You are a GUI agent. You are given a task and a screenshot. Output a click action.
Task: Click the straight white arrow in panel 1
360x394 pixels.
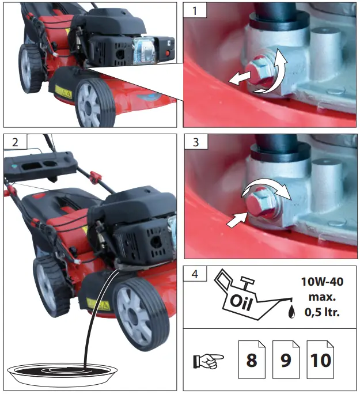[x=241, y=79]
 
